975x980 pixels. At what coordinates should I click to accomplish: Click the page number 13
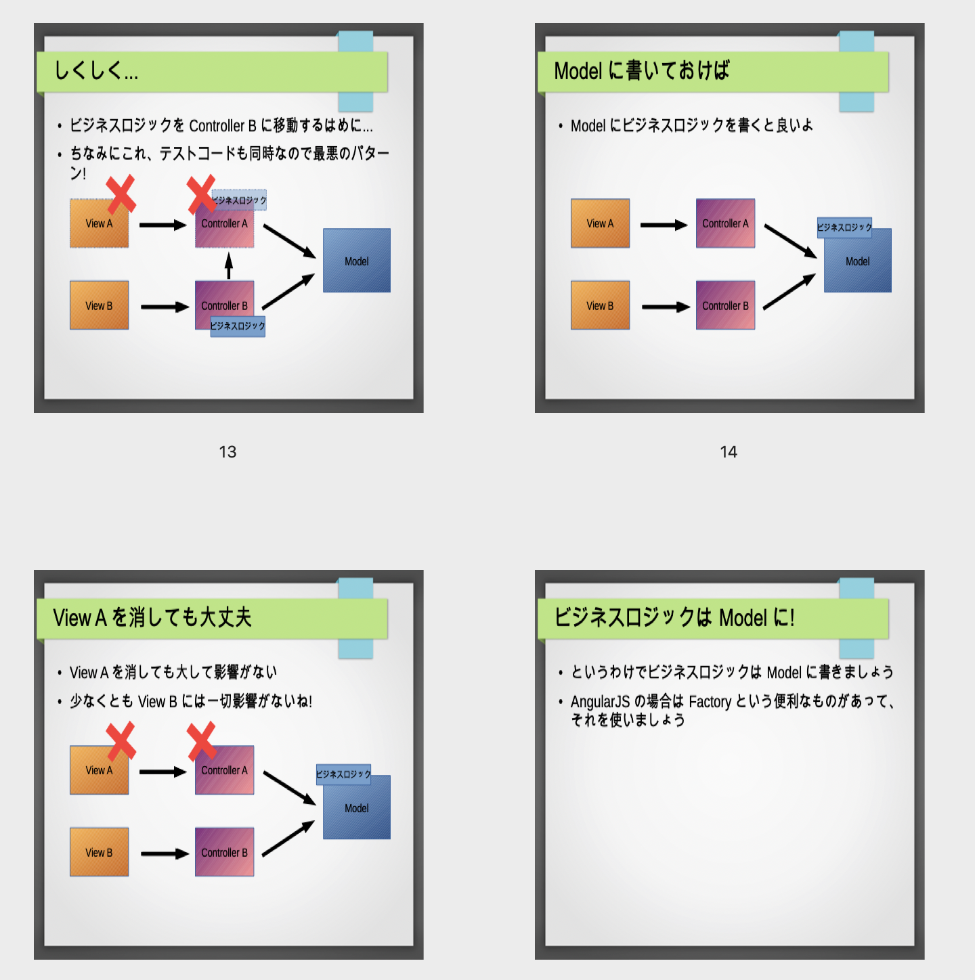227,451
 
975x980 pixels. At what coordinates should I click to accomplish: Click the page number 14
728,451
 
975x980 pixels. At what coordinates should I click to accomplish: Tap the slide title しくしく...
96,70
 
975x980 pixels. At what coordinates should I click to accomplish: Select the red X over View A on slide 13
121,194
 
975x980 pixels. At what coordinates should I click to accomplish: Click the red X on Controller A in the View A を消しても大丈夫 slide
202,741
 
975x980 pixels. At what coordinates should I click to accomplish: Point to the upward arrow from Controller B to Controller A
229,265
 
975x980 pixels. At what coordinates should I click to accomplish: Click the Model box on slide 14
857,261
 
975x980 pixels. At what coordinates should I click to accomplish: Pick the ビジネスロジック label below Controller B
238,326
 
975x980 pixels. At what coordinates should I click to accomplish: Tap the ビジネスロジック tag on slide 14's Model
844,227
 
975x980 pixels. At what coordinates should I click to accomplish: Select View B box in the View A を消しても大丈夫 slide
100,852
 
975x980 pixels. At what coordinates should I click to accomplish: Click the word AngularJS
600,702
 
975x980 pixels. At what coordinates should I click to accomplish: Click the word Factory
710,702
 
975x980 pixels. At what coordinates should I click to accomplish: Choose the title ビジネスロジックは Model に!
674,617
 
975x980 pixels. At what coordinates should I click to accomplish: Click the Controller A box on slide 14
725,223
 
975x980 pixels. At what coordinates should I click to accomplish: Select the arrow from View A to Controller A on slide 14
664,225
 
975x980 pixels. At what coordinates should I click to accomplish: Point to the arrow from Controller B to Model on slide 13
288,292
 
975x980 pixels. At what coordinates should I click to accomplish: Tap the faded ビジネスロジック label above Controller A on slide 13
238,200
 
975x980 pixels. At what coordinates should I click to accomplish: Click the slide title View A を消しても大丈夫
152,617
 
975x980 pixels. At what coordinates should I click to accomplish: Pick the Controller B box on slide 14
725,305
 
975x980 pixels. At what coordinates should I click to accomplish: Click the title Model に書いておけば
642,70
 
